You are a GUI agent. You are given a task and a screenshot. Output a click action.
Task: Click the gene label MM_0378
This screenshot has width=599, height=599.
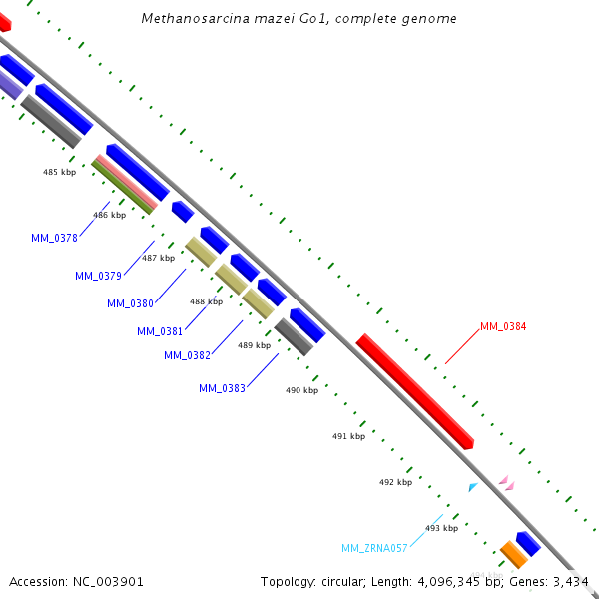(54, 238)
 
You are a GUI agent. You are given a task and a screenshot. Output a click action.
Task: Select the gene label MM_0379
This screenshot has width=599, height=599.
(98, 276)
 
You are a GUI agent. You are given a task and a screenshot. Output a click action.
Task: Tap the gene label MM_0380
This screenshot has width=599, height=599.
(130, 303)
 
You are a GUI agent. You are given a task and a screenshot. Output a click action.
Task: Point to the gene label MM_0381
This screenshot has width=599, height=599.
(160, 331)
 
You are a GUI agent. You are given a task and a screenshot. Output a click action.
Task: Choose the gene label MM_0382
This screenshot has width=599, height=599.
(187, 355)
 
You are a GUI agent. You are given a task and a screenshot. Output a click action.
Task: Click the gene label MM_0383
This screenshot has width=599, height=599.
(222, 388)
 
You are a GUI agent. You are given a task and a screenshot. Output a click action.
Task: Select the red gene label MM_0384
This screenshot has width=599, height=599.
(503, 326)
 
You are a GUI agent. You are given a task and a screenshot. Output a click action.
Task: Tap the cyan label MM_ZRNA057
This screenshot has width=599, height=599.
(374, 548)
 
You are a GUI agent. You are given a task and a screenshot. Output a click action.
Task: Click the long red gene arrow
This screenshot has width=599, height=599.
(414, 391)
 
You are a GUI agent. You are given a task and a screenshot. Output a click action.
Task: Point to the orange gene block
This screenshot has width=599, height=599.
(513, 553)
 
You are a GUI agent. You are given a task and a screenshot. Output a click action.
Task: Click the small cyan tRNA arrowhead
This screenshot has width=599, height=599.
(473, 487)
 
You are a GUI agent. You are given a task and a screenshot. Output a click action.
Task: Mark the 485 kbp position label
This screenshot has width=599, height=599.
(59, 172)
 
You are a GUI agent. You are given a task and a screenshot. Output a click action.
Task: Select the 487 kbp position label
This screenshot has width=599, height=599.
(158, 258)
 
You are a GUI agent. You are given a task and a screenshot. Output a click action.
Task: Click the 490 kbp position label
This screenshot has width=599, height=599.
(301, 390)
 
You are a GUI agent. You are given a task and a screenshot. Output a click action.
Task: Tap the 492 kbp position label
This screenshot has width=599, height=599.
(395, 482)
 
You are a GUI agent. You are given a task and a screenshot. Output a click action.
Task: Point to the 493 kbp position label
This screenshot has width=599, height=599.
(441, 528)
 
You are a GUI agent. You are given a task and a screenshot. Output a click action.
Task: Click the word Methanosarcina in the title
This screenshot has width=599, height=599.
(190, 18)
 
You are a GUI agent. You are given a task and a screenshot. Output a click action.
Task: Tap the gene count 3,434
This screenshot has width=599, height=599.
(570, 581)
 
